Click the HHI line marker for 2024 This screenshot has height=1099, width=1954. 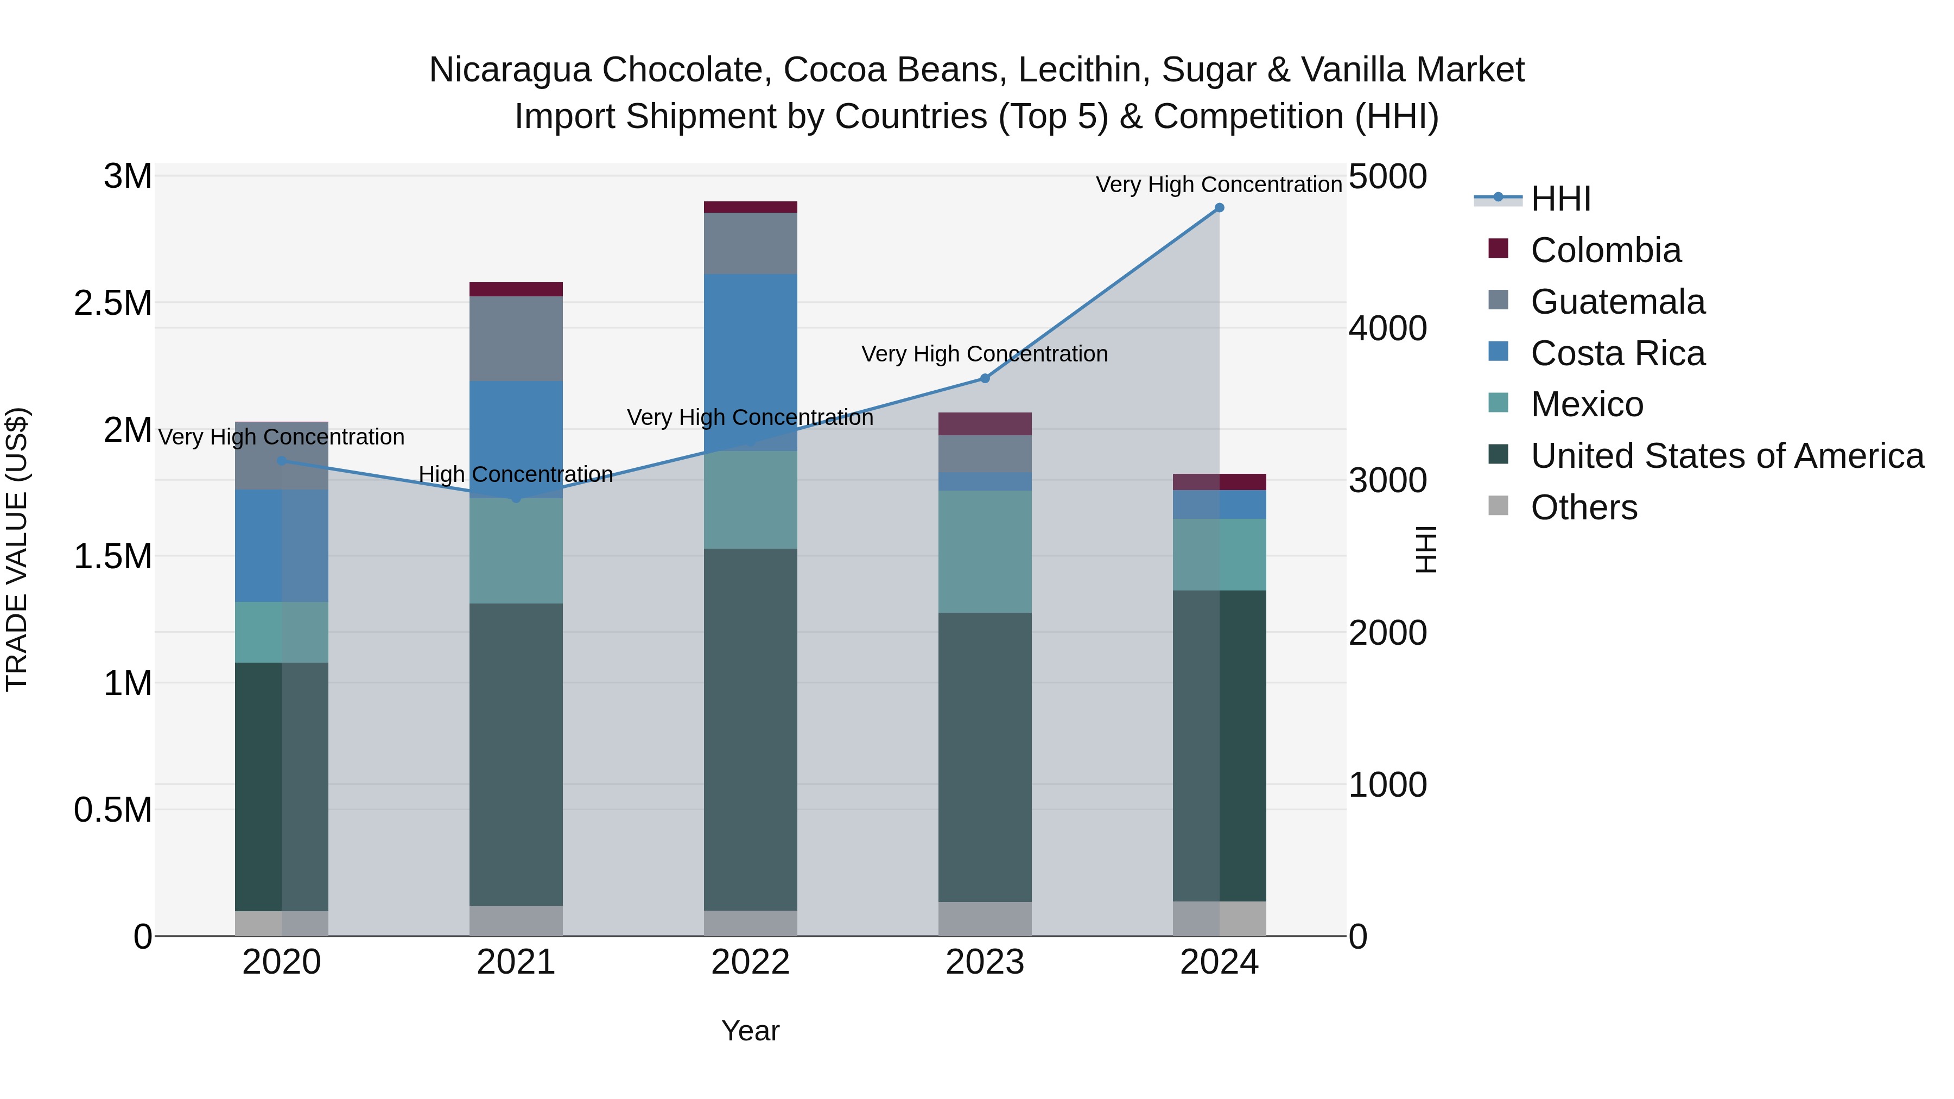pos(1219,208)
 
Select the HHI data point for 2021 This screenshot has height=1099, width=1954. pos(516,498)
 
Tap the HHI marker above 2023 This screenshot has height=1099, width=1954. pos(985,378)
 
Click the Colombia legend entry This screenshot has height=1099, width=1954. pos(1605,250)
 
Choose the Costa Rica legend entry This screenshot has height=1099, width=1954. pos(1617,353)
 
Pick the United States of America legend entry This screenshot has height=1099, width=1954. pos(1727,456)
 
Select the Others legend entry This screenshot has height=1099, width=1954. pos(1583,507)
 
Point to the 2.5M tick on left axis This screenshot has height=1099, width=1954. pos(112,303)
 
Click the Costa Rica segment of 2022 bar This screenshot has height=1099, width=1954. pos(750,357)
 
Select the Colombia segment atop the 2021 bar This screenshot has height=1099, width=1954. pos(516,289)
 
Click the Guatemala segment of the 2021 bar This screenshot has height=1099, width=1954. pos(516,338)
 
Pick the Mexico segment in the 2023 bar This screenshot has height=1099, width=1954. pos(985,551)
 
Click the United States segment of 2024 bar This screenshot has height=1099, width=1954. pos(1219,746)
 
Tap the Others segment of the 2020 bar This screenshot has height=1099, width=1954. pos(281,923)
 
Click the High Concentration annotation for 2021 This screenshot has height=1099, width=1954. pos(516,475)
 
